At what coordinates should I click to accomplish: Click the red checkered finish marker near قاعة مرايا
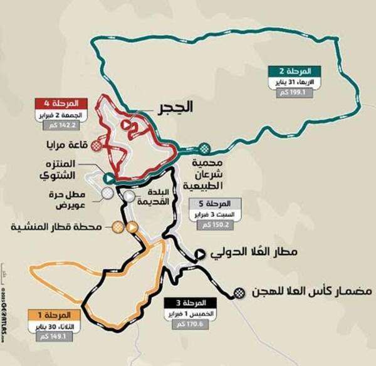pyautogui.click(x=95, y=145)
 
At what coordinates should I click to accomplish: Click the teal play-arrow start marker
pyautogui.click(x=108, y=177)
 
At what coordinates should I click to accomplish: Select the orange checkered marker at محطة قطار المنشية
pyautogui.click(x=117, y=227)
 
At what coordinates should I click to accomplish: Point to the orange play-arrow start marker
pyautogui.click(x=132, y=227)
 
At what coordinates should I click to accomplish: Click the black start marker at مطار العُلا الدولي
pyautogui.click(x=200, y=254)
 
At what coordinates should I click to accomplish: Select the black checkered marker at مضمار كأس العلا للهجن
pyautogui.click(x=239, y=293)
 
